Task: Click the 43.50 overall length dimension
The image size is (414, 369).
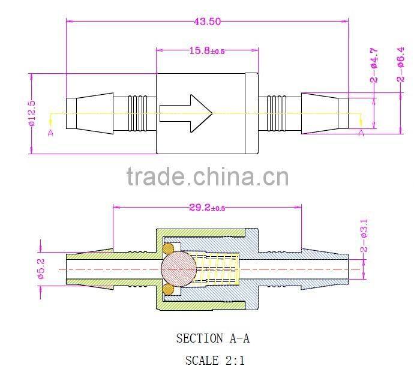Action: click(x=207, y=22)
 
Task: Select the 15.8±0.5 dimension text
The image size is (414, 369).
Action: click(x=207, y=50)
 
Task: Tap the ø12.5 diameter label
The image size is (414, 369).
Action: click(x=32, y=113)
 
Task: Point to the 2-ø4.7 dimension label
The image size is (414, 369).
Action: click(x=374, y=65)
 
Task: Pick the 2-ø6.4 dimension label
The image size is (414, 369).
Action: click(x=400, y=64)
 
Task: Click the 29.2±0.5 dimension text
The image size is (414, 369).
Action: click(x=207, y=208)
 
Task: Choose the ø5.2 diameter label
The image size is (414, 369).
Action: click(x=41, y=269)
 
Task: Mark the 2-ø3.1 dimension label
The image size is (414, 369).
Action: click(x=364, y=236)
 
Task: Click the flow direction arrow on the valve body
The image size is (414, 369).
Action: click(x=186, y=113)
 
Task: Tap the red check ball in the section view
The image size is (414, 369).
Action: click(x=179, y=269)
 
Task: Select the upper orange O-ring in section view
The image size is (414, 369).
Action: click(x=168, y=248)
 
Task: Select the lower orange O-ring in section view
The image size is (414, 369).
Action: click(x=168, y=290)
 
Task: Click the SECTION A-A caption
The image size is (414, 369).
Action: click(x=213, y=338)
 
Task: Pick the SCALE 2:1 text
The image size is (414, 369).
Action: click(x=215, y=360)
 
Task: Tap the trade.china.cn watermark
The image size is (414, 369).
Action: click(x=208, y=176)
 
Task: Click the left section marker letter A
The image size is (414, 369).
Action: click(x=50, y=133)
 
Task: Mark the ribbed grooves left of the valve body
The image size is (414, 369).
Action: click(x=138, y=113)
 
